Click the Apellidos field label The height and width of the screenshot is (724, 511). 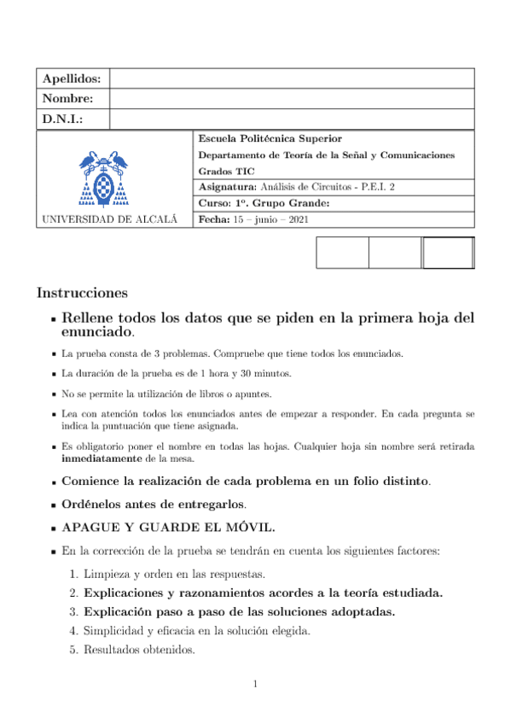pos(72,79)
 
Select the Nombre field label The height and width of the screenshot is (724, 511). pos(67,99)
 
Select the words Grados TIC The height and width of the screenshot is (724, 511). pos(220,171)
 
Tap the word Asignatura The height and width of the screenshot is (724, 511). pos(226,187)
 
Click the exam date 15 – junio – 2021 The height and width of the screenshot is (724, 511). pos(268,219)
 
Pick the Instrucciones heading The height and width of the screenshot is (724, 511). pos(82,293)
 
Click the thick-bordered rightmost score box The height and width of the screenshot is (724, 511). pos(448,254)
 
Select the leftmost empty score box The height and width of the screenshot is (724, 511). pos(342,254)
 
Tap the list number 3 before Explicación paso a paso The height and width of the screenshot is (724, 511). pos(73,612)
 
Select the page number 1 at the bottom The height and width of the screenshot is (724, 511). pos(255,684)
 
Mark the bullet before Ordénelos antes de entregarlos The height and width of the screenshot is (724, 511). pos(54,505)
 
